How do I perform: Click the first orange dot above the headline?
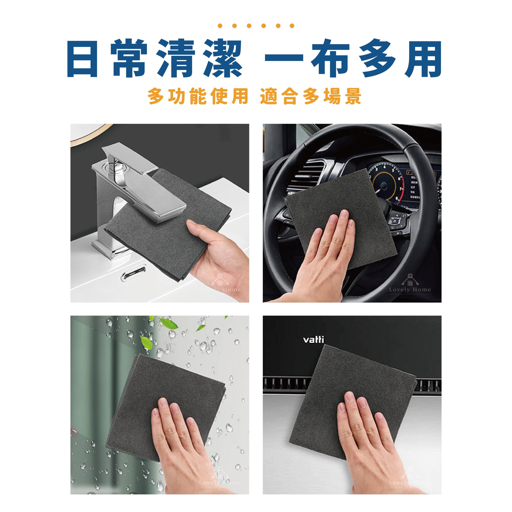click(x=220, y=26)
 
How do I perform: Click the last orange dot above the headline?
click(x=292, y=26)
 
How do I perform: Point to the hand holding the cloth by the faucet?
click(x=217, y=252)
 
